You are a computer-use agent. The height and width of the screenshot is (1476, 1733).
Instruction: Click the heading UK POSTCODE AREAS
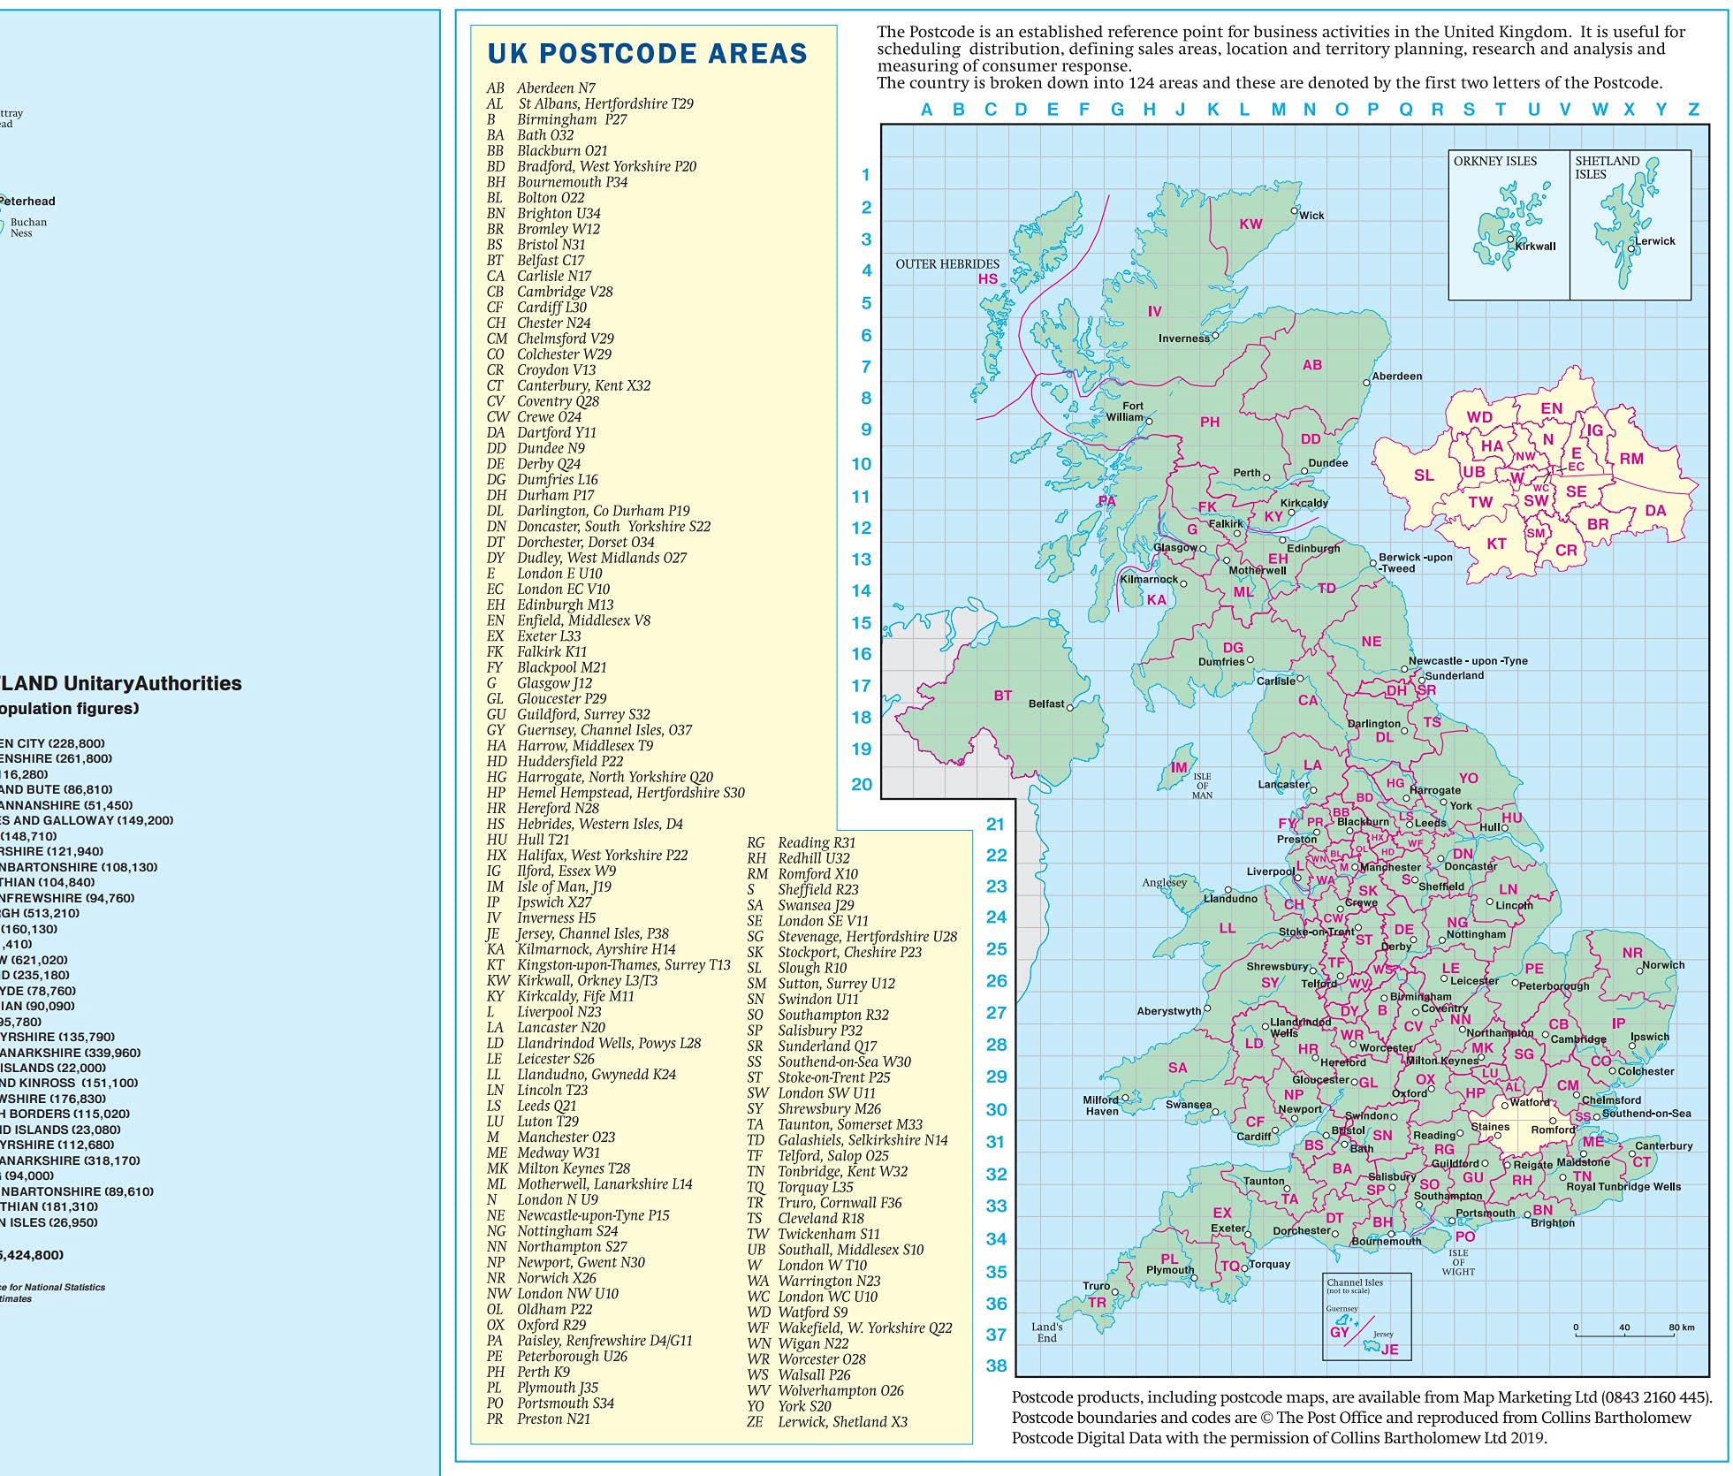pyautogui.click(x=647, y=53)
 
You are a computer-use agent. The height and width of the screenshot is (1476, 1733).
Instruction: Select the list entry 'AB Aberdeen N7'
pyautogui.click(x=541, y=88)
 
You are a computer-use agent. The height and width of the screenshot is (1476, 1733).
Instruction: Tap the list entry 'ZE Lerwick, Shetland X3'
pyautogui.click(x=827, y=1422)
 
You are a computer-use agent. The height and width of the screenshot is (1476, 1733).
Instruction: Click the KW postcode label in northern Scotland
pyautogui.click(x=1250, y=224)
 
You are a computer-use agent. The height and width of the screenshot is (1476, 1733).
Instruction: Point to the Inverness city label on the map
pyautogui.click(x=1183, y=339)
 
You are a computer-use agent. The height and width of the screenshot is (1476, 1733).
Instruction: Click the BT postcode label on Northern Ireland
pyautogui.click(x=1002, y=696)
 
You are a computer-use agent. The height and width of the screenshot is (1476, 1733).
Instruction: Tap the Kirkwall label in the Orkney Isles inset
pyautogui.click(x=1535, y=247)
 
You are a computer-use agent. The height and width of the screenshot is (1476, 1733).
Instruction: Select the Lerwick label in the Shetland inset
pyautogui.click(x=1654, y=241)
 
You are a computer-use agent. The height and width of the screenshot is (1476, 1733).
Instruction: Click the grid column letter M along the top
pyautogui.click(x=1278, y=110)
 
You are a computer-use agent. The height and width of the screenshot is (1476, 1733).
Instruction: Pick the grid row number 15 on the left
pyautogui.click(x=861, y=623)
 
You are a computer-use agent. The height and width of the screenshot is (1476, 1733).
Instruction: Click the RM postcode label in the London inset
pyautogui.click(x=1631, y=459)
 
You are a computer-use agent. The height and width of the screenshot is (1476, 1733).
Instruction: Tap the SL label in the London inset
pyautogui.click(x=1424, y=476)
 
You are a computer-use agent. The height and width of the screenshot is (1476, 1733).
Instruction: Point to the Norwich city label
pyautogui.click(x=1663, y=965)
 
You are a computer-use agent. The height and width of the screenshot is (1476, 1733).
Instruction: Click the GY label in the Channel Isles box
pyautogui.click(x=1340, y=1333)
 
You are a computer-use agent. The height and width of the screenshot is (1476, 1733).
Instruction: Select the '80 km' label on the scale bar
pyautogui.click(x=1681, y=1328)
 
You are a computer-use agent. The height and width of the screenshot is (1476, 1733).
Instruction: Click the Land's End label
pyautogui.click(x=1046, y=1332)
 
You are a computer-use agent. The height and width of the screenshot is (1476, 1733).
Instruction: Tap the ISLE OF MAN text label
pyautogui.click(x=1202, y=786)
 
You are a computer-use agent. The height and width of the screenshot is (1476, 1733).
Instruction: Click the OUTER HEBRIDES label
pyautogui.click(x=947, y=264)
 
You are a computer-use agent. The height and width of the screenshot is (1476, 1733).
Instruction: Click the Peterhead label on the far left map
pyautogui.click(x=28, y=202)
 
